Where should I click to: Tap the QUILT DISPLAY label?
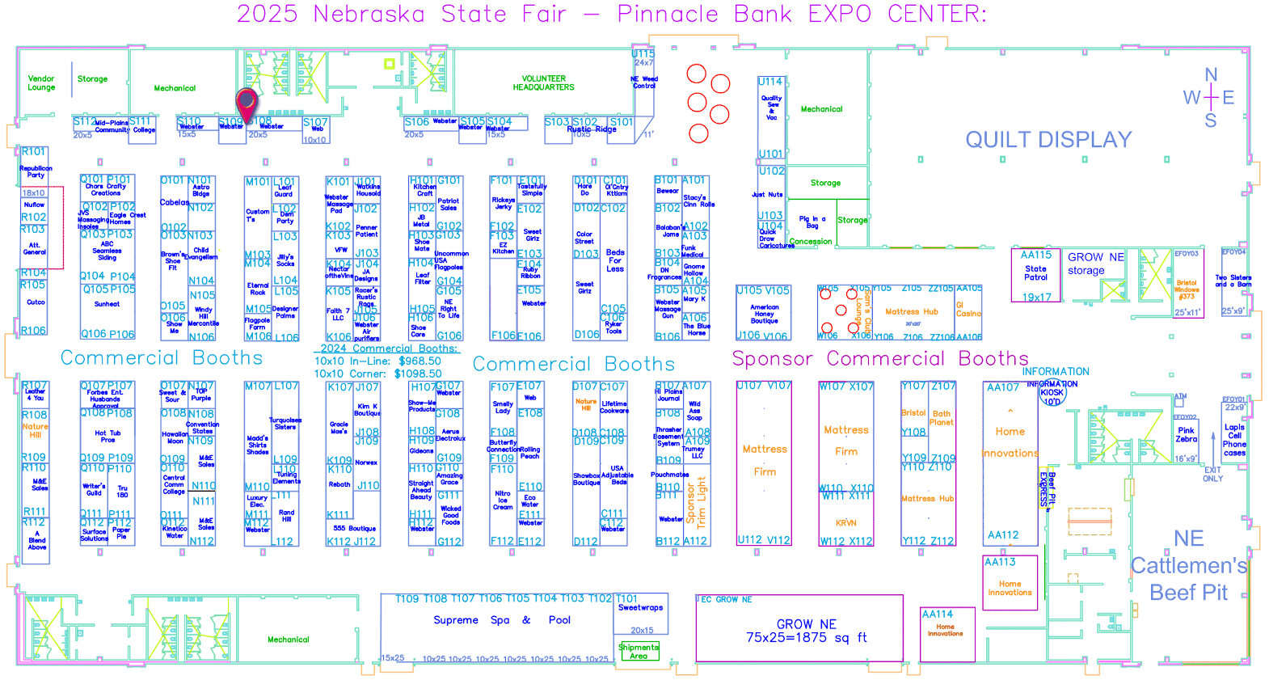click(x=1048, y=140)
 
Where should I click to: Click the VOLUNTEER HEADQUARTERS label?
click(x=543, y=83)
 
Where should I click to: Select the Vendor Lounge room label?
click(x=41, y=83)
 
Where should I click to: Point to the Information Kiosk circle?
click(x=1052, y=393)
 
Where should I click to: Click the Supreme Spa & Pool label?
click(x=501, y=620)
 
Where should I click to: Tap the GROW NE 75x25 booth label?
click(x=806, y=631)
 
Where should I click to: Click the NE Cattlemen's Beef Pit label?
click(x=1188, y=566)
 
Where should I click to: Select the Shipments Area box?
click(x=639, y=651)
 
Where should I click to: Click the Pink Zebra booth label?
click(x=1186, y=435)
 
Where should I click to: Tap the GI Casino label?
click(x=968, y=310)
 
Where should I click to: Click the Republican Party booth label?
click(x=36, y=171)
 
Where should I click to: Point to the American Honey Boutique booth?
click(x=764, y=314)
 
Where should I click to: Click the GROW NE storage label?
click(x=1095, y=264)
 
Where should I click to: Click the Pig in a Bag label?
click(x=812, y=222)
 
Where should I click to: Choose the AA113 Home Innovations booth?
click(x=1010, y=582)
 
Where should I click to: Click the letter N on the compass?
click(x=1211, y=75)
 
